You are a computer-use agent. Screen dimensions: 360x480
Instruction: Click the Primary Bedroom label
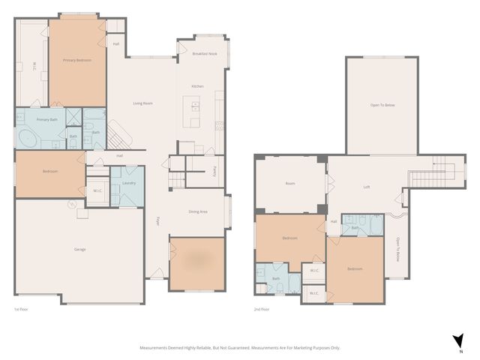[x=77, y=60]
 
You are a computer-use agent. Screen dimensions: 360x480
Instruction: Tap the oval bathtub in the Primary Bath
[x=26, y=139]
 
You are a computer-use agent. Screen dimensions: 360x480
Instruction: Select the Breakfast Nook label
[x=205, y=54]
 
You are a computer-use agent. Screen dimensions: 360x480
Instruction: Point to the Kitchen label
[x=197, y=86]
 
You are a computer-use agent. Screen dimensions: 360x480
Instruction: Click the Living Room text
[x=142, y=103]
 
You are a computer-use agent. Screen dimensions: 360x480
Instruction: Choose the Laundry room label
[x=127, y=183]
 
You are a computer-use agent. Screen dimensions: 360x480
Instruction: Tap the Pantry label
[x=215, y=169]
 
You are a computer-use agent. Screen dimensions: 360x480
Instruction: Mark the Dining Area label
[x=198, y=211]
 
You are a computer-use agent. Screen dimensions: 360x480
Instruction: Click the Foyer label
[x=158, y=221]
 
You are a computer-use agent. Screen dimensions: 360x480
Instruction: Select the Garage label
[x=79, y=248]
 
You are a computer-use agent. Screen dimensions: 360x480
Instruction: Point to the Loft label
[x=367, y=187]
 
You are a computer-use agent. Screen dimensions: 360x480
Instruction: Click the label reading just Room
[x=290, y=184]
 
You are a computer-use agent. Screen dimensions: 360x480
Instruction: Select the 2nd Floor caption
[x=262, y=309]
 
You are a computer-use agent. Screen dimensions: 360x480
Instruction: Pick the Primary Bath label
[x=47, y=119]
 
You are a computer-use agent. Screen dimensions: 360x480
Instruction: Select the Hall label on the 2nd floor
[x=334, y=221]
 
